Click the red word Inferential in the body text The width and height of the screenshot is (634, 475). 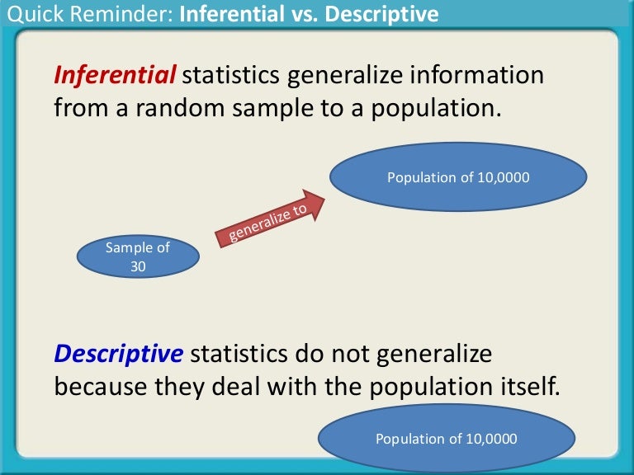tap(115, 75)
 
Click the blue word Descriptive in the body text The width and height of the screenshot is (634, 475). tap(119, 354)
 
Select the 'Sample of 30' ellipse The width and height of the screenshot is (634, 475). tap(138, 257)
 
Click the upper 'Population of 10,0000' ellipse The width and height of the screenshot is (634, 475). tap(458, 177)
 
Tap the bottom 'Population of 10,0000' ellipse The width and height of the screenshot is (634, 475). tap(447, 438)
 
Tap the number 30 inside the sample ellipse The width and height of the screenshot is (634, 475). tap(138, 266)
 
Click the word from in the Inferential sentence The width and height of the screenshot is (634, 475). tap(80, 108)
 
